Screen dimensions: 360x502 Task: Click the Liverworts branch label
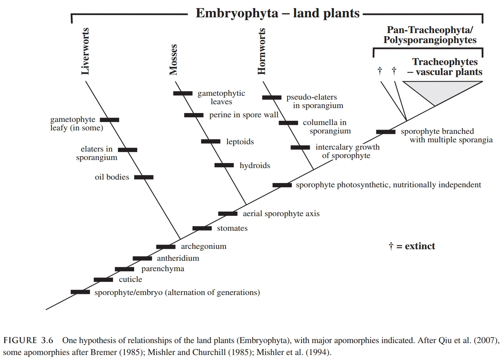click(x=85, y=51)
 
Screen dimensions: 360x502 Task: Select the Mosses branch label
click(x=173, y=59)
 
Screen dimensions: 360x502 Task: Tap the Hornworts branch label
click(x=262, y=51)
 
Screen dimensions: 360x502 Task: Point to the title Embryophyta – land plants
click(x=278, y=13)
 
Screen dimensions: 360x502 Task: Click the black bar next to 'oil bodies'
click(x=144, y=177)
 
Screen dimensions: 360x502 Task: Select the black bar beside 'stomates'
click(x=202, y=228)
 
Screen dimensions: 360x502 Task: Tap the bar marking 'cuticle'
click(x=103, y=280)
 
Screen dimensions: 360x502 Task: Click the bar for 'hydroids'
click(x=224, y=165)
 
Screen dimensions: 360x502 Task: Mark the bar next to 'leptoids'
click(x=211, y=142)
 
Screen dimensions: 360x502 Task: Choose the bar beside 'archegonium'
click(x=166, y=247)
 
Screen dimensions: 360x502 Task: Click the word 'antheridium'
click(x=178, y=258)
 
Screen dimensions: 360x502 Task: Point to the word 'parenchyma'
click(x=163, y=269)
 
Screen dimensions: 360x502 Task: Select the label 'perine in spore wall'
click(x=244, y=115)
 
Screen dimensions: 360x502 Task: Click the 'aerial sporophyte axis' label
click(x=281, y=213)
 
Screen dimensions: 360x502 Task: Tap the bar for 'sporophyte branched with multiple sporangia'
click(x=386, y=132)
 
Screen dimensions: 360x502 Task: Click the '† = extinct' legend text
click(x=412, y=246)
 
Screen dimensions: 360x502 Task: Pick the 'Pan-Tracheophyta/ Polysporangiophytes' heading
click(x=430, y=35)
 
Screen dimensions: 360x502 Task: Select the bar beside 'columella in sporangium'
click(x=288, y=123)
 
